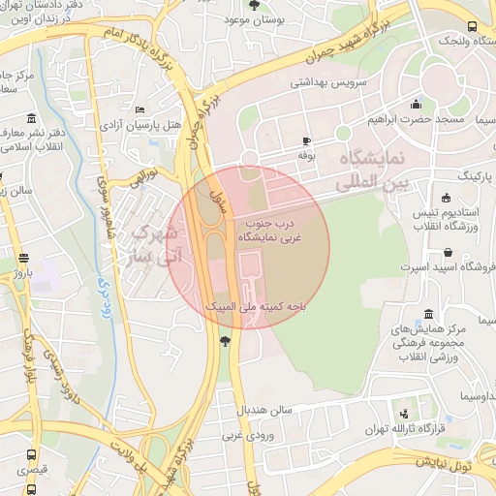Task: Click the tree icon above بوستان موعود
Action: (x=254, y=5)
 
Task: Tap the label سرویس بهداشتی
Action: (x=328, y=84)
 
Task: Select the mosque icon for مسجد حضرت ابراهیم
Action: (x=417, y=105)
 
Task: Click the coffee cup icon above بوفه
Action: (x=307, y=140)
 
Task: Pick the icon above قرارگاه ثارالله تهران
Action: (x=400, y=413)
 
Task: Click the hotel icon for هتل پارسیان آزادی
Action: (x=140, y=110)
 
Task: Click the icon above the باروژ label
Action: (x=24, y=260)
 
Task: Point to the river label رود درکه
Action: (x=103, y=277)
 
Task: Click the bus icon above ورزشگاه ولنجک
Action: (x=472, y=26)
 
